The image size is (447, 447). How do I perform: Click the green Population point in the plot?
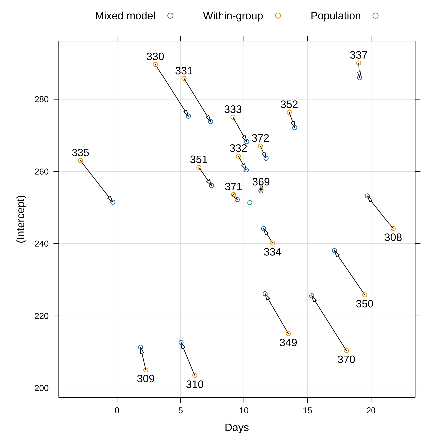tap(250, 203)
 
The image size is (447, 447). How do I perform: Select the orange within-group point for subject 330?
tap(155, 65)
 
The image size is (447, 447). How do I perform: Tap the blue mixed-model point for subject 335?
tap(113, 202)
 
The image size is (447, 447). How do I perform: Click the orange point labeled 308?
tap(393, 228)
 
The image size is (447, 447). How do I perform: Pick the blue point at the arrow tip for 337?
tap(360, 78)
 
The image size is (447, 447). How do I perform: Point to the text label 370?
tap(346, 360)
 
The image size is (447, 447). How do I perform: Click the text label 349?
tap(288, 343)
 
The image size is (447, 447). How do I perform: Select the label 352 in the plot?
tap(289, 105)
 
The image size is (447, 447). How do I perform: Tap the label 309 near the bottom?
tap(146, 379)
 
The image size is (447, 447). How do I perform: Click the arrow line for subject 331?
tap(197, 100)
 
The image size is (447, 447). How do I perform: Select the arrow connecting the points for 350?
tap(350, 273)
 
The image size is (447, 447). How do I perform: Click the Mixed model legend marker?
tap(170, 16)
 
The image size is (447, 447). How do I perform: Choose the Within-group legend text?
tap(233, 16)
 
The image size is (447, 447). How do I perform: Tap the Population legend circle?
tap(375, 16)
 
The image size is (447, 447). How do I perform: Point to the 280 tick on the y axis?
tap(41, 99)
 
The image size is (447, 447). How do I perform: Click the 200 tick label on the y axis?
tap(41, 388)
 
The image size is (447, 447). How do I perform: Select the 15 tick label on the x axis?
tap(307, 411)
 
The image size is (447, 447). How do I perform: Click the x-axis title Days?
tap(237, 428)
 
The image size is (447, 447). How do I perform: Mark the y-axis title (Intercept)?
tap(21, 219)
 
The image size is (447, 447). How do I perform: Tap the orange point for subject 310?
tap(195, 375)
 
